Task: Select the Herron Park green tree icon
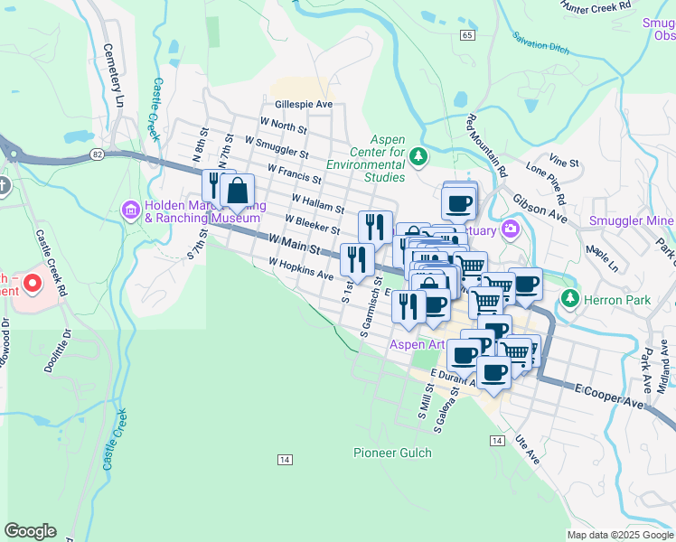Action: [x=569, y=298]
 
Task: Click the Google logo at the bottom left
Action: [x=30, y=531]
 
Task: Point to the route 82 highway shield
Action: [x=97, y=155]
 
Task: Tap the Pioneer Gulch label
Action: [x=392, y=453]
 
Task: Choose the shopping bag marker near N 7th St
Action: [x=237, y=191]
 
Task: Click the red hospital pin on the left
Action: [x=33, y=285]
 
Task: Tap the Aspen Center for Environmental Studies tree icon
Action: [x=418, y=158]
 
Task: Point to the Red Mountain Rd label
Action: [x=488, y=145]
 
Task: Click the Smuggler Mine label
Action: [x=631, y=220]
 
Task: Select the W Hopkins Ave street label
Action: [x=301, y=267]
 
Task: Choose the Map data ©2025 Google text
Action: [x=620, y=535]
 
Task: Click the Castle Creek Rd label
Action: [x=52, y=263]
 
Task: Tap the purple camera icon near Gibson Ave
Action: [x=511, y=229]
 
